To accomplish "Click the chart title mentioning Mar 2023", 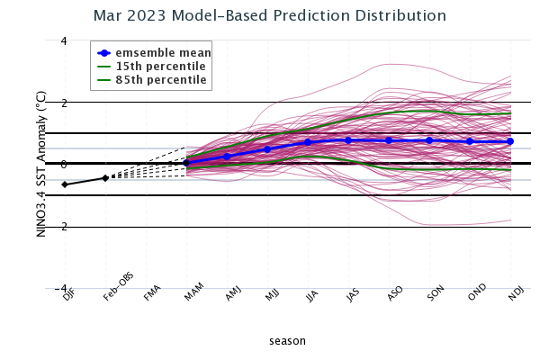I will [x=270, y=16].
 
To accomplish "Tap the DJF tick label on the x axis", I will [x=68, y=295].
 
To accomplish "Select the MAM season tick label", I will [x=192, y=295].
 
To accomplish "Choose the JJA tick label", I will [x=312, y=295].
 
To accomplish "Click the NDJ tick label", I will [x=515, y=295].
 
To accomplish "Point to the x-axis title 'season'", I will [x=287, y=341].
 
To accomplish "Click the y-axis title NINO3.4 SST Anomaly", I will [x=41, y=165].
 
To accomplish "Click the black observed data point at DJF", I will [x=65, y=184].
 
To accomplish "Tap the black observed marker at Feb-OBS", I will [x=105, y=178].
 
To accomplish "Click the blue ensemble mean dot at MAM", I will [x=186, y=162].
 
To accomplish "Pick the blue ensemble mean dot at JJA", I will [x=308, y=142].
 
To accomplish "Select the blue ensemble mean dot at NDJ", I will [x=510, y=141].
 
